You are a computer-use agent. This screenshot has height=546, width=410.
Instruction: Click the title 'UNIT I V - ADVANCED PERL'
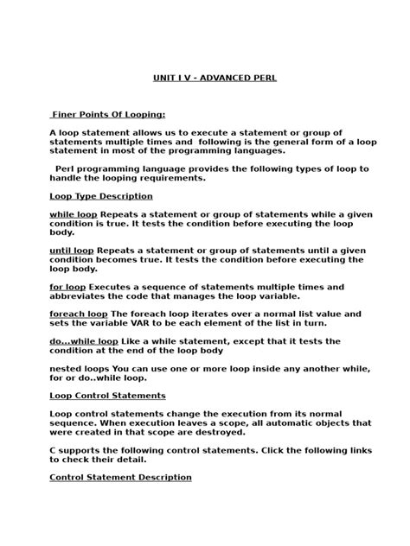[215, 78]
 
